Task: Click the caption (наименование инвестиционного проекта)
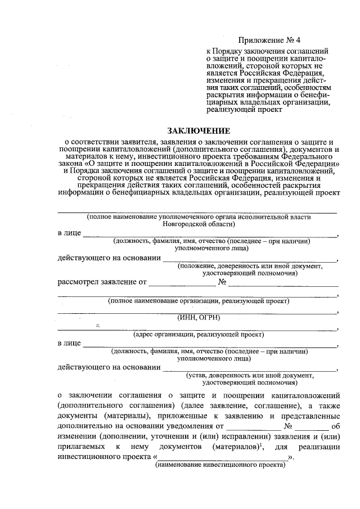coord(220,465)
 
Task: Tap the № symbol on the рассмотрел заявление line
coord(222,281)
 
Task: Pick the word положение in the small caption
coord(197,265)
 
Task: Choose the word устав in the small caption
coord(199,375)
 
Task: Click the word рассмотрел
coord(80,281)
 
